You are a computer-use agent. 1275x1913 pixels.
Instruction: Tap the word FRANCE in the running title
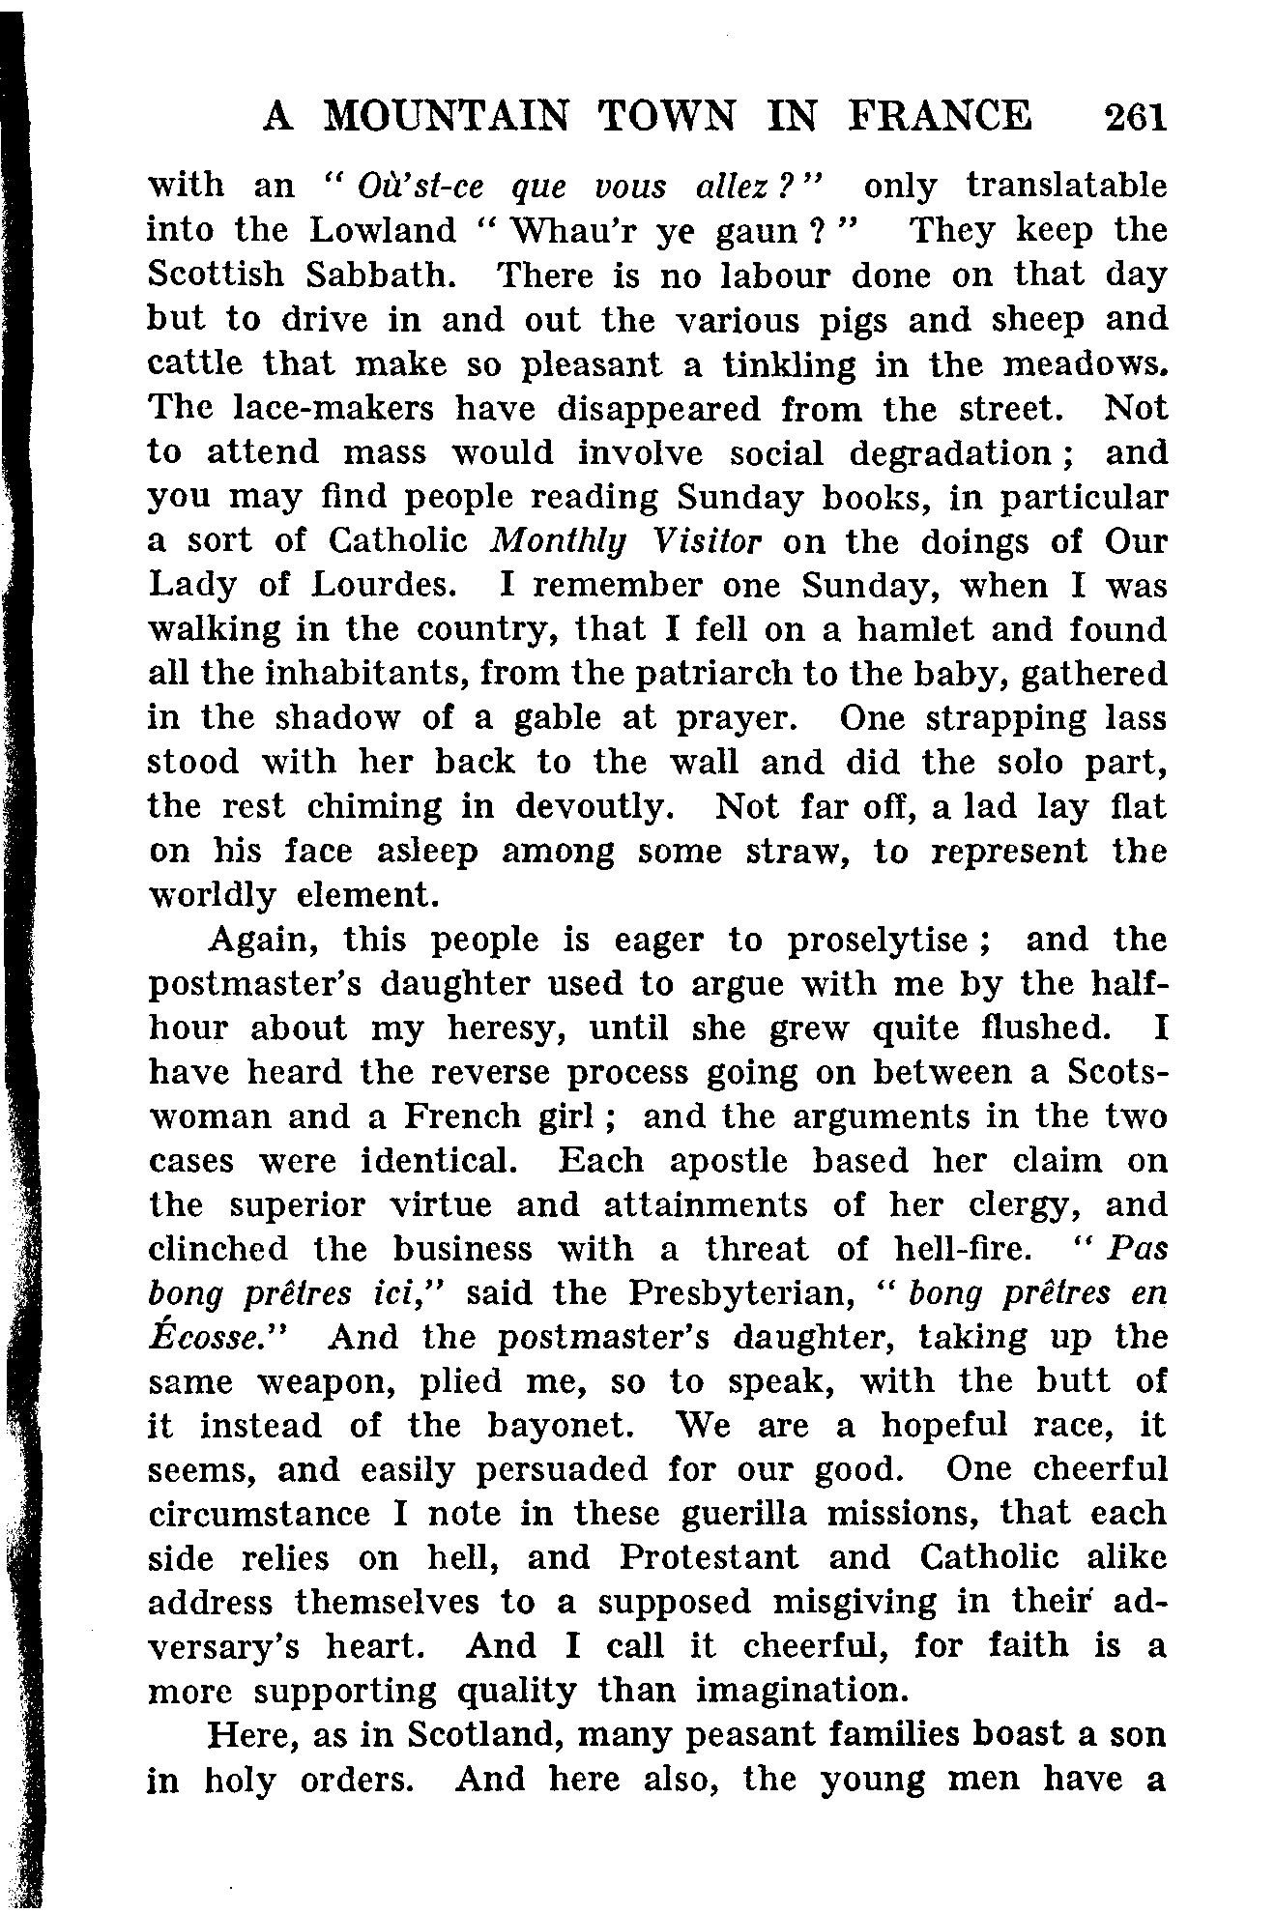[941, 117]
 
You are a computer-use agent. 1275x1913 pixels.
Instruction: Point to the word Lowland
[384, 230]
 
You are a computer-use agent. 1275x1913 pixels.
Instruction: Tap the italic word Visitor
[709, 540]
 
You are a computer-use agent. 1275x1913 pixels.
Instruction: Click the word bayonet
[546, 1426]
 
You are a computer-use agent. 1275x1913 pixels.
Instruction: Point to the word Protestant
[710, 1558]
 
